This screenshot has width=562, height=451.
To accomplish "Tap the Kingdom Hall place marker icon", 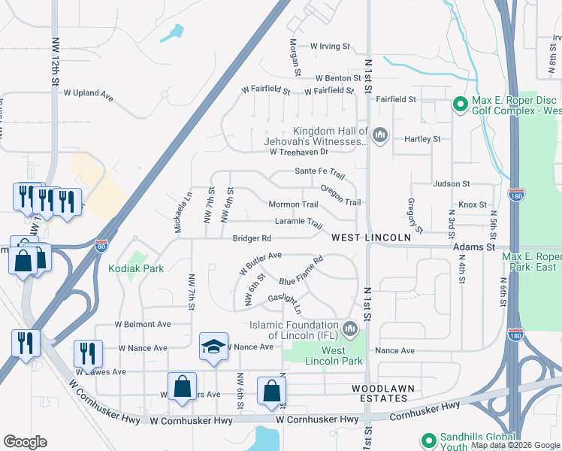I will [379, 135].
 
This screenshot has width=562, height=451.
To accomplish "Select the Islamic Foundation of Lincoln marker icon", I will [349, 328].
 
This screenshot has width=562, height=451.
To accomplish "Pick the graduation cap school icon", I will [213, 347].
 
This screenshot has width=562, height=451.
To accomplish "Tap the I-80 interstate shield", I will [101, 245].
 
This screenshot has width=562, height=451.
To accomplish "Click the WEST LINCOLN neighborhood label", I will [371, 238].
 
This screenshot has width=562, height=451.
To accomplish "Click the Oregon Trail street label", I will [341, 195].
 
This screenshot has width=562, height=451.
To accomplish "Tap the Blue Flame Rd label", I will [301, 271].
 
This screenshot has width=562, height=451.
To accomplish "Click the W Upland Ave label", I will [88, 95].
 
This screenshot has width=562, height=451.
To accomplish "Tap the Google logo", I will [26, 442].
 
